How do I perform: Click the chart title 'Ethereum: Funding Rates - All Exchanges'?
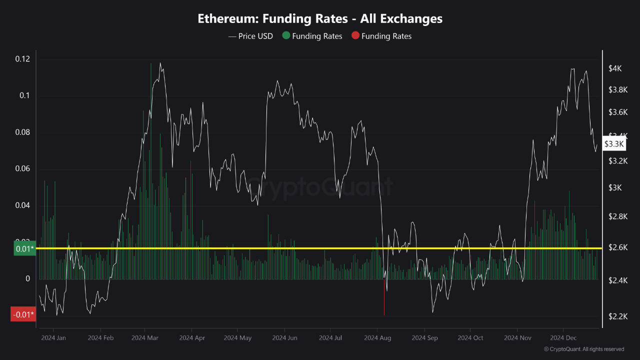pos(320,19)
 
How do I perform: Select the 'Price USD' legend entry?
pos(251,36)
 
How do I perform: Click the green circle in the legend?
pos(286,36)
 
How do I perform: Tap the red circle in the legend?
pos(355,36)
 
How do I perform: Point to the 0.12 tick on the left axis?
pos(22,59)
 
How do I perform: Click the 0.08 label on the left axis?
pos(22,132)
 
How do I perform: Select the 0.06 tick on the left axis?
pos(22,169)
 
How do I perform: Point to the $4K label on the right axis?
pos(615,68)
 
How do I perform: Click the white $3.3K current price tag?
pos(614,144)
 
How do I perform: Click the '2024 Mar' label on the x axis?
pos(144,338)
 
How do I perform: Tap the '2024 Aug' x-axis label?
pos(377,338)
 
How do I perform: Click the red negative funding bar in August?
pos(384,297)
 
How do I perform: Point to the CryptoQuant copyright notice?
pos(583,349)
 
